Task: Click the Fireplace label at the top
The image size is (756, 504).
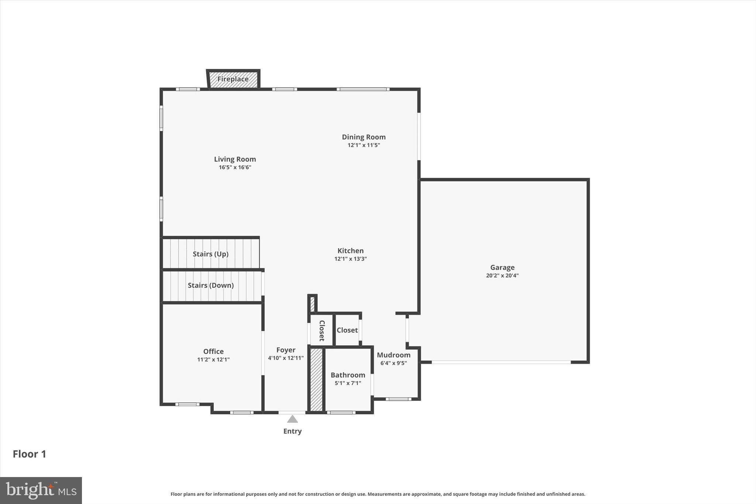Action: click(x=233, y=79)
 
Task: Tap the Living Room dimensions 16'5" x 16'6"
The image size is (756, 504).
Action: click(x=235, y=167)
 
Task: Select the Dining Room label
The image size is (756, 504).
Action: click(x=364, y=137)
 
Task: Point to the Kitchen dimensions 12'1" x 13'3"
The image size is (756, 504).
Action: click(x=350, y=259)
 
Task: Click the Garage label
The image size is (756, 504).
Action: click(x=502, y=267)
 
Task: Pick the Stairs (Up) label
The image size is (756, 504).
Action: click(x=210, y=254)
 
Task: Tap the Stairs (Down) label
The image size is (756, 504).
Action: click(x=210, y=285)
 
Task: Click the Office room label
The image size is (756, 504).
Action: click(x=213, y=352)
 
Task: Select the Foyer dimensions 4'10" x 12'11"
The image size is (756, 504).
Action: click(x=286, y=358)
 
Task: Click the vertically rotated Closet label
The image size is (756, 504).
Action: click(x=322, y=330)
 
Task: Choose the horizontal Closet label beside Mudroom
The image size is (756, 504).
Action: click(x=347, y=330)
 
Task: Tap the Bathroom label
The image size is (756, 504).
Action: click(x=348, y=375)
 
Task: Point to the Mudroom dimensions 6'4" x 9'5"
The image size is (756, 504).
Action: click(x=394, y=363)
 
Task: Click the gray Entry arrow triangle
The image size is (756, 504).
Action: click(x=292, y=419)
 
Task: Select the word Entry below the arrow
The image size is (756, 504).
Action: click(x=292, y=431)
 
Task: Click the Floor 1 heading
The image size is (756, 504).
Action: click(x=30, y=454)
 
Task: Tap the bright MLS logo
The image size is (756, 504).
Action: click(x=41, y=490)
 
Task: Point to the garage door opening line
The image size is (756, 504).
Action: click(x=501, y=362)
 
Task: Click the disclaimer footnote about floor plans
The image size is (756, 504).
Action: click(x=378, y=494)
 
